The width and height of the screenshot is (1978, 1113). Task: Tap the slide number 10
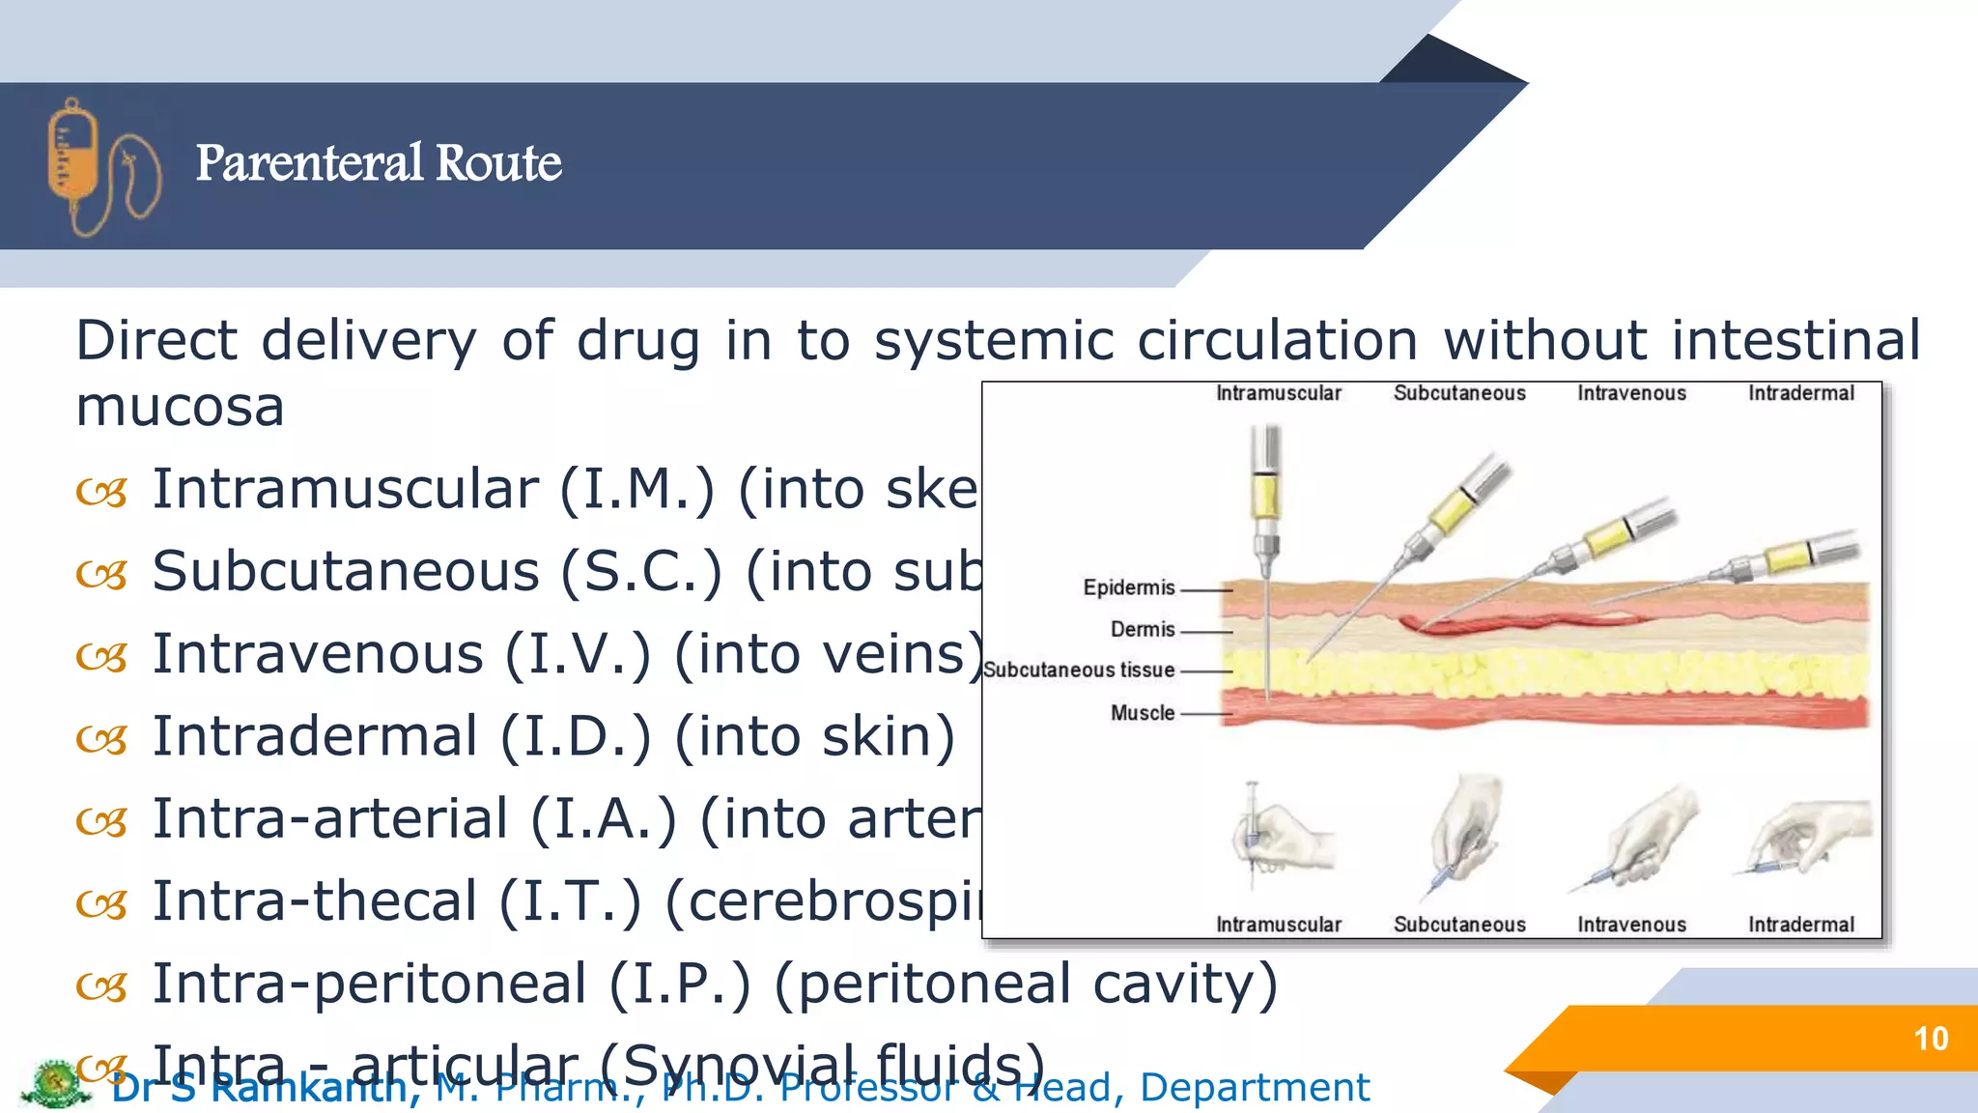pyautogui.click(x=1930, y=1039)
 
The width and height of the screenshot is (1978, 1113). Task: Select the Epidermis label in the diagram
pyautogui.click(x=1128, y=587)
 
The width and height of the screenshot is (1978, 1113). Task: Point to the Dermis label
pyautogui.click(x=1142, y=629)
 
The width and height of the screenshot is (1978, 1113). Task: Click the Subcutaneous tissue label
pyautogui.click(x=1079, y=670)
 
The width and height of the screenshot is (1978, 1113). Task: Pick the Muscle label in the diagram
pyautogui.click(x=1142, y=713)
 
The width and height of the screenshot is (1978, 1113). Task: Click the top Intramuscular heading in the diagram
pyautogui.click(x=1278, y=393)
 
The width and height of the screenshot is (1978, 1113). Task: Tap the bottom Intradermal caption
pyautogui.click(x=1800, y=925)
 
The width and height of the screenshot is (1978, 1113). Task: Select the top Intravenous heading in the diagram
pyautogui.click(x=1631, y=393)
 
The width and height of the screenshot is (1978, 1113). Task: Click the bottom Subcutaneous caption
pyautogui.click(x=1458, y=925)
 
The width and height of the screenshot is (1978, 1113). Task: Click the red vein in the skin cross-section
pyautogui.click(x=1507, y=624)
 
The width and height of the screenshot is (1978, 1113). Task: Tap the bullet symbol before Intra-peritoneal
pyautogui.click(x=101, y=986)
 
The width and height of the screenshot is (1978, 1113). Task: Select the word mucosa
pyautogui.click(x=180, y=407)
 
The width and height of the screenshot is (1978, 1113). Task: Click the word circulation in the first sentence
pyautogui.click(x=1277, y=340)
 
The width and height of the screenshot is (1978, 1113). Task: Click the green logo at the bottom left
pyautogui.click(x=55, y=1083)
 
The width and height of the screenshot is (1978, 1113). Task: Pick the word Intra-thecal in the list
pyautogui.click(x=315, y=901)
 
